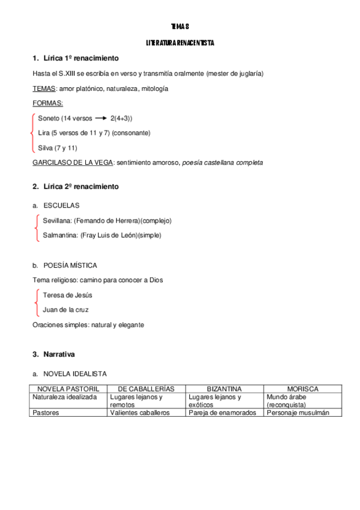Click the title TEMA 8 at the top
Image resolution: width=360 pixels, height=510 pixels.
click(x=180, y=26)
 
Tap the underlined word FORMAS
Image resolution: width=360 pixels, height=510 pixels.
click(x=47, y=103)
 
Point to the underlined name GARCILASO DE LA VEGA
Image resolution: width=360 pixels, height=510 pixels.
click(x=73, y=162)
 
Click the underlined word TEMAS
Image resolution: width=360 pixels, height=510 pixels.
click(x=44, y=88)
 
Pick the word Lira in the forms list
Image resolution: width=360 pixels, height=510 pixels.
click(x=44, y=132)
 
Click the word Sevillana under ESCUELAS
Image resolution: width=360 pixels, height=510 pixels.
click(x=56, y=220)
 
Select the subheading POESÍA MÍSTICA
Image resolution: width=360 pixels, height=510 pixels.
click(x=70, y=265)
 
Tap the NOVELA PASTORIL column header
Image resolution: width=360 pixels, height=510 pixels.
click(x=68, y=389)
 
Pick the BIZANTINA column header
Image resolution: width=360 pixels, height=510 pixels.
click(x=224, y=389)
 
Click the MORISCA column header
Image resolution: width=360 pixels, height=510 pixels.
click(x=303, y=389)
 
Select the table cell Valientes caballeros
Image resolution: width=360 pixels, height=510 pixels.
click(x=140, y=413)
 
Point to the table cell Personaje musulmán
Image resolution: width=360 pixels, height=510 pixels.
click(x=298, y=413)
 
